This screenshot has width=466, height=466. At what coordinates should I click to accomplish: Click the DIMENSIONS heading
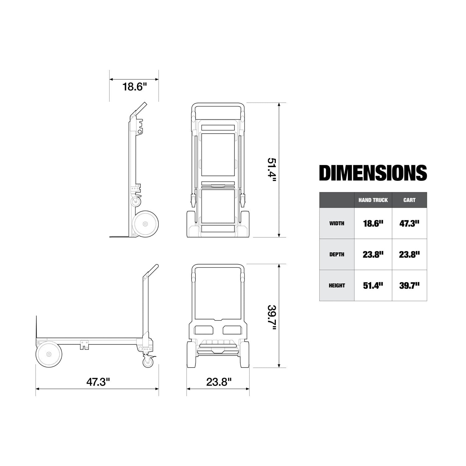pos(373,173)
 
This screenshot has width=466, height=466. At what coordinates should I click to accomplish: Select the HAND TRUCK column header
pos(373,200)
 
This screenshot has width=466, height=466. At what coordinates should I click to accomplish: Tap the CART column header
pos(409,200)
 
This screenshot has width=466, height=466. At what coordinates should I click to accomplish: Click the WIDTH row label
pos(337,223)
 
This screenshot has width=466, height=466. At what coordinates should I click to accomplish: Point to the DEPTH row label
pos(337,254)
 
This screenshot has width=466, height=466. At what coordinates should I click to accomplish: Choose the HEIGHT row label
pos(337,286)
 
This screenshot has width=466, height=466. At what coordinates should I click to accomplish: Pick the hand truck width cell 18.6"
pos(373,223)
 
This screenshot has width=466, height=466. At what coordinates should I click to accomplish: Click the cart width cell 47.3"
pos(409,223)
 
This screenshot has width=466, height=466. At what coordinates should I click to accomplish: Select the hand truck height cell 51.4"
pos(373,286)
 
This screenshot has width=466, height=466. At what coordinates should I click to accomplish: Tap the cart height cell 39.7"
pos(409,286)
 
